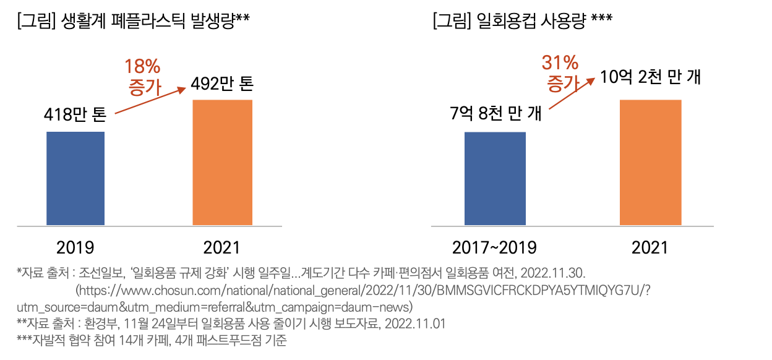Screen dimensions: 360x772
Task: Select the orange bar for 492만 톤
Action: coord(223,161)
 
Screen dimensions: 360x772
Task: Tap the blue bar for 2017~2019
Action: coord(495,178)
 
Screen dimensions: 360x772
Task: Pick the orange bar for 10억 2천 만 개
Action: coord(650,162)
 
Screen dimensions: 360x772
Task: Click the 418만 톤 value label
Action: coord(75,114)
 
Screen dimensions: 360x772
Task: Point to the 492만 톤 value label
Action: coord(223,84)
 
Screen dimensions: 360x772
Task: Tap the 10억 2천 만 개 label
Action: coord(650,79)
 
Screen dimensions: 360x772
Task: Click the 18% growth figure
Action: coord(143,66)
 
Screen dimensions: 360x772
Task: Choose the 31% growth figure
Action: coord(560,62)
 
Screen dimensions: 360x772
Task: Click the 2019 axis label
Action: coord(75,248)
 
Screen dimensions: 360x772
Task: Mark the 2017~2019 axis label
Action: coord(494,248)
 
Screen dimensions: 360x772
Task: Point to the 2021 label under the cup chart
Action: coord(650,248)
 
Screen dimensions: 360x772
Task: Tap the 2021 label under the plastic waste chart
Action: coord(222,248)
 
